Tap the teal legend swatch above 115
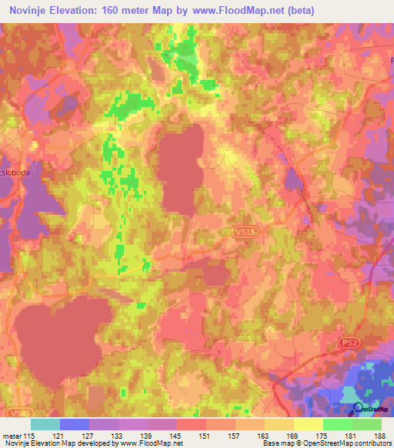[45, 424]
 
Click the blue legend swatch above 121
[75, 424]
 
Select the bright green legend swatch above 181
[338, 424]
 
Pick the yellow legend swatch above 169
[279, 424]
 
